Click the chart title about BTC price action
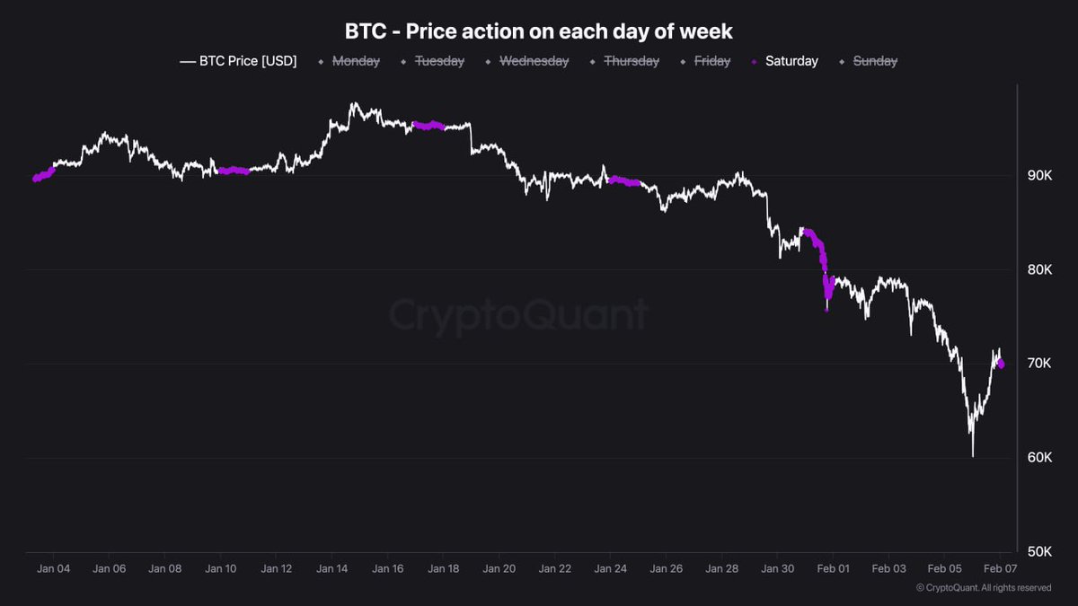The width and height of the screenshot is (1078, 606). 539,31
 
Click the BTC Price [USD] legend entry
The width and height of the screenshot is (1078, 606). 238,61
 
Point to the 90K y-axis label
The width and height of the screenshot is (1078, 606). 1039,175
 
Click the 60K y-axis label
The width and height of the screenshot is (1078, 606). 1039,458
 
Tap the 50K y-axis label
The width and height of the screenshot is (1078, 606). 1039,551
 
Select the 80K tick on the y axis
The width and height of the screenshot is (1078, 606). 1039,269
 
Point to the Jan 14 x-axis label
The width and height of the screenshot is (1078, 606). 332,568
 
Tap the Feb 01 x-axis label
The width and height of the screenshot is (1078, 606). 833,568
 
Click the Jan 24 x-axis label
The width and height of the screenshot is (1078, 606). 610,568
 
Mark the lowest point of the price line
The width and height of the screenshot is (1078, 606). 972,455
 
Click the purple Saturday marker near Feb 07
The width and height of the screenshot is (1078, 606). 1001,364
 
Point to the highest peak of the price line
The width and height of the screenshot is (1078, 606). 352,103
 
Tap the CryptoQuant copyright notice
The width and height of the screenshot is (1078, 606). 984,588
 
